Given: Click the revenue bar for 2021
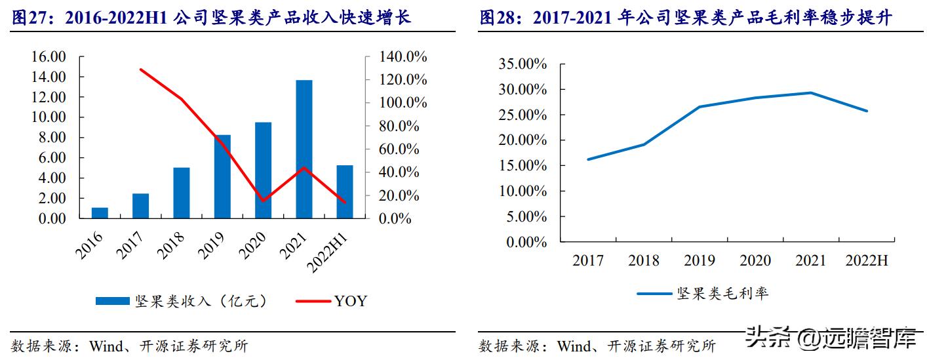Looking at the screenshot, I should pyautogui.click(x=304, y=150).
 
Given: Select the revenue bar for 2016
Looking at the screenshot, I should pyautogui.click(x=100, y=212).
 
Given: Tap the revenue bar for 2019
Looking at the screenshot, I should pyautogui.click(x=222, y=176).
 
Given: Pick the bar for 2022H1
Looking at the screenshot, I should pyautogui.click(x=345, y=191).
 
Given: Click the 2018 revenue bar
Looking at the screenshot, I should pyautogui.click(x=182, y=193).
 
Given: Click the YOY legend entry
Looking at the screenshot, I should pyautogui.click(x=350, y=301).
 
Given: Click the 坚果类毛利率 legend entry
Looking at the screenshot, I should pyautogui.click(x=722, y=293).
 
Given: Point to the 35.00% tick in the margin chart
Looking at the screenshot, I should pyautogui.click(x=523, y=64).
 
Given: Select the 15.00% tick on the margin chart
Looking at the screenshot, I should pyautogui.click(x=523, y=166).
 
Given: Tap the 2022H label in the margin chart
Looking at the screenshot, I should pyautogui.click(x=865, y=261).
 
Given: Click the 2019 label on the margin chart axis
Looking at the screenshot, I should pyautogui.click(x=700, y=261).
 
